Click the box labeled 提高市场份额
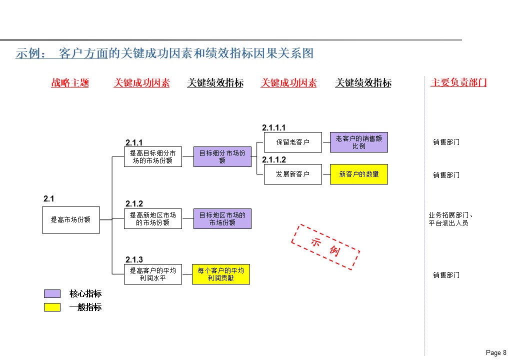[71, 219]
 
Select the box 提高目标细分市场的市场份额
[153, 157]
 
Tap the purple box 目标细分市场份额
[222, 157]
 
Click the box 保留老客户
[293, 142]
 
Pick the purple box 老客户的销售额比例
[359, 142]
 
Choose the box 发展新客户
[293, 174]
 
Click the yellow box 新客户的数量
[359, 174]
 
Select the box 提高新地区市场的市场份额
[153, 219]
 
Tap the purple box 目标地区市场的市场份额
[222, 219]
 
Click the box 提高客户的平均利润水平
[153, 274]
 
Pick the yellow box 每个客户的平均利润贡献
[221, 274]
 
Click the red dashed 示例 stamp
[325, 247]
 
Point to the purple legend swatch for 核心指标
[52, 293]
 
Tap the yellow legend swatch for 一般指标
[52, 307]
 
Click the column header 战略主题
[70, 83]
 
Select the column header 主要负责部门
[458, 83]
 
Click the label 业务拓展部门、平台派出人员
[451, 219]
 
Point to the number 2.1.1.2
[274, 160]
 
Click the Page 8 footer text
[496, 353]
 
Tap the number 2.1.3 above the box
[134, 259]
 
